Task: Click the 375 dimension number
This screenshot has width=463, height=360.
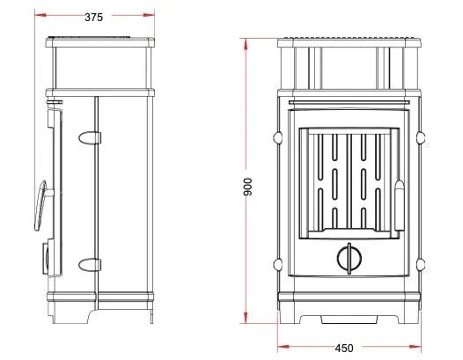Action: [x=93, y=18]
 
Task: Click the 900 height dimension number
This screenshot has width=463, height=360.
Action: [x=248, y=187]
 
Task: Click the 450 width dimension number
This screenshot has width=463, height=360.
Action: [x=344, y=349]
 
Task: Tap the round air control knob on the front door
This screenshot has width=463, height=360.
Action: [x=349, y=259]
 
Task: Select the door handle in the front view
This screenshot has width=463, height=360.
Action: [x=400, y=205]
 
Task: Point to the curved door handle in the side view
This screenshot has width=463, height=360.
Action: [x=40, y=205]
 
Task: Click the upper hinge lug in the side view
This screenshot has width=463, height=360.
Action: [x=90, y=137]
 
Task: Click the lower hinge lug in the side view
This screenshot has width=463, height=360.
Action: [x=90, y=264]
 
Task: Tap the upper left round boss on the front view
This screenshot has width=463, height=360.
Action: [x=278, y=137]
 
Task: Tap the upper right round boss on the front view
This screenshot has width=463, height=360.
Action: [x=421, y=137]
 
